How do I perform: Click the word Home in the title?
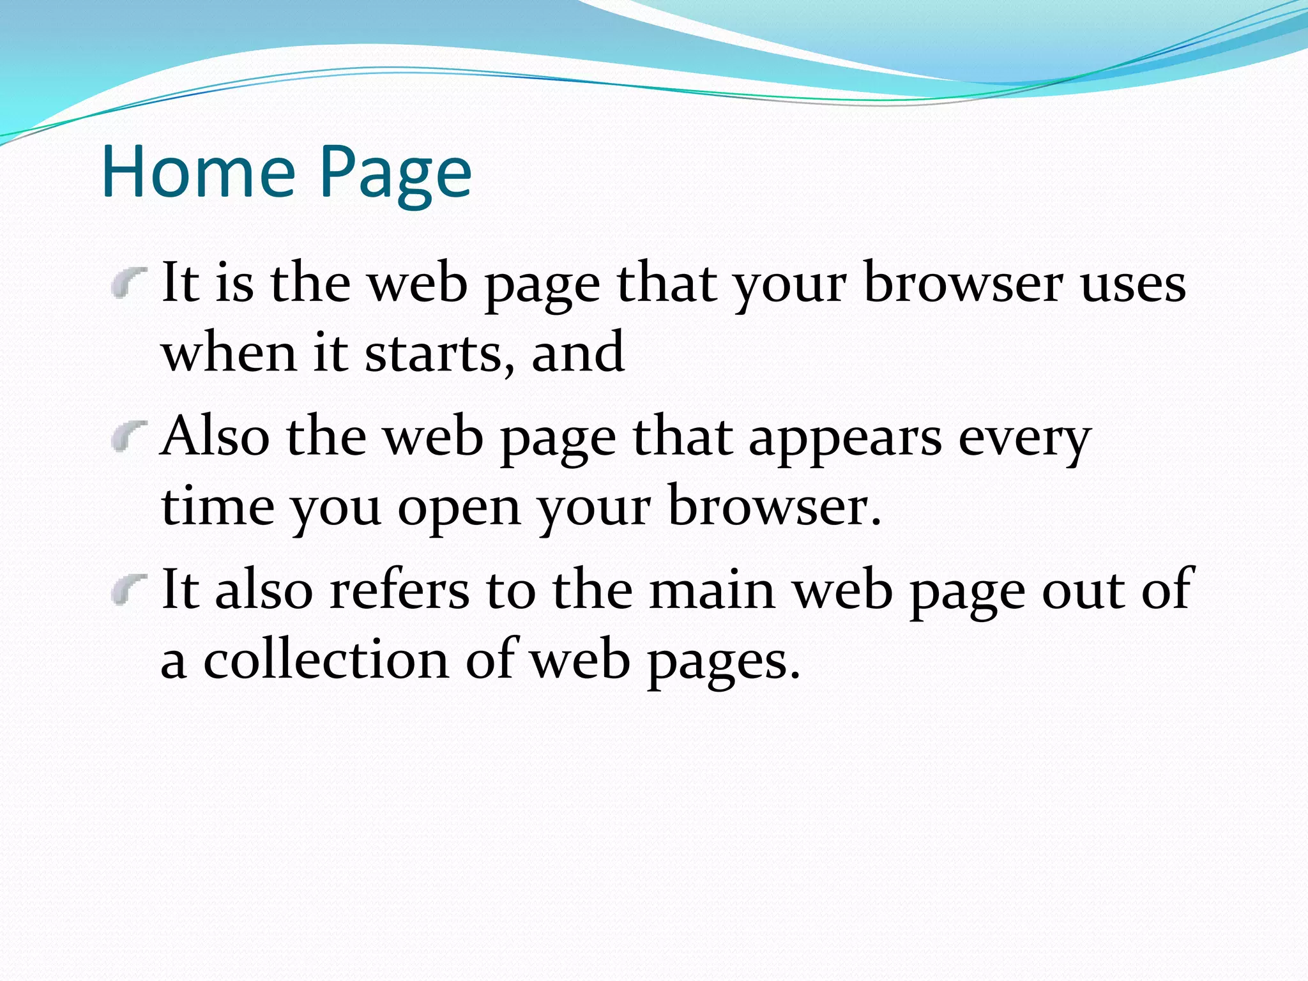(198, 171)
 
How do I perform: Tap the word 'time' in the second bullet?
(218, 506)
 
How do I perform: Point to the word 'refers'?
(399, 590)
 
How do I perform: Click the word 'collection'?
(326, 660)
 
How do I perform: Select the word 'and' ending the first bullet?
(577, 353)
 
